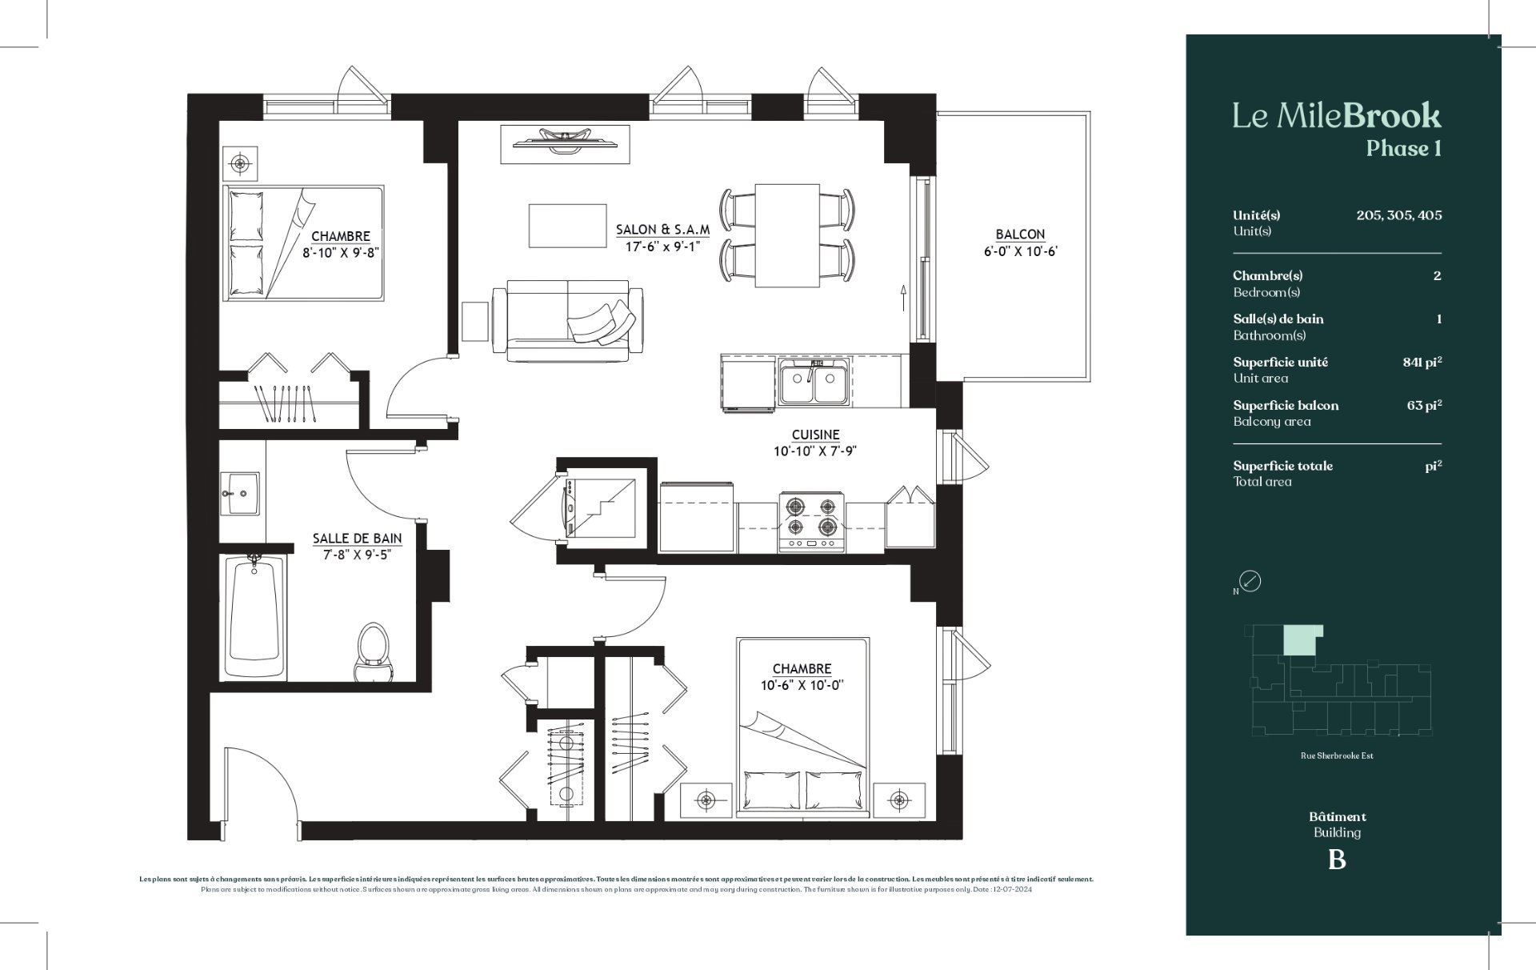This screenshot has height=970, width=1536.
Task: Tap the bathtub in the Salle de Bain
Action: (254, 615)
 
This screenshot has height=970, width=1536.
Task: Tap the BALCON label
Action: (1020, 234)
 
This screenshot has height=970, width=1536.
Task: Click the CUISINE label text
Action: (815, 435)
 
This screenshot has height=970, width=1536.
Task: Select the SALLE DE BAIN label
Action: (357, 539)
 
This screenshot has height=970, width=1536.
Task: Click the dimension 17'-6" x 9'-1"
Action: (662, 247)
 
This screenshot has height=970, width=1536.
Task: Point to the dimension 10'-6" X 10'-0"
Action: (802, 685)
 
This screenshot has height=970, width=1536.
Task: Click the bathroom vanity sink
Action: (240, 492)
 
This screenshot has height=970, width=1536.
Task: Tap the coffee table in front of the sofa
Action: (567, 226)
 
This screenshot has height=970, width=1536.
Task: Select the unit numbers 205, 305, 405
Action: (1399, 215)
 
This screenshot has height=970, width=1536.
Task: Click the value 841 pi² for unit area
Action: (1422, 362)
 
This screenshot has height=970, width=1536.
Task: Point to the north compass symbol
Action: (1250, 581)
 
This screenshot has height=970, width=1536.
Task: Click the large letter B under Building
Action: (1337, 860)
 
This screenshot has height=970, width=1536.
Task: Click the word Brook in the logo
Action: (1392, 117)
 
